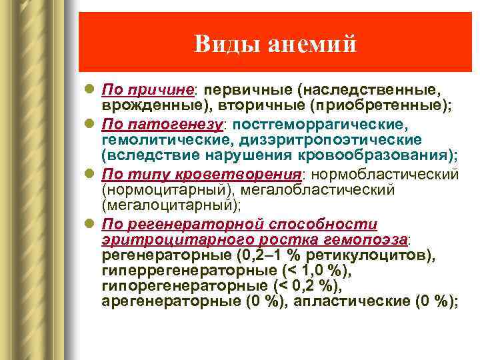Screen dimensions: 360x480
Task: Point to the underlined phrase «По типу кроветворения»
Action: tap(201, 174)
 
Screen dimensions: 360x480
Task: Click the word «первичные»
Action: tap(248, 89)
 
